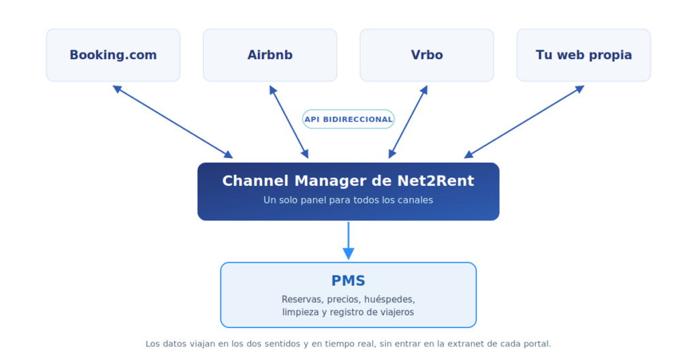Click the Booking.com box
114,55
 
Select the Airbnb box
270,55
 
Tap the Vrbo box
427,55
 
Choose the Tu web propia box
583,55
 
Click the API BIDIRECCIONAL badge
348,119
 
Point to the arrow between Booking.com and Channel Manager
173,122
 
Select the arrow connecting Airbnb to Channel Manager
289,122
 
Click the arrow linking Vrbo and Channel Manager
408,122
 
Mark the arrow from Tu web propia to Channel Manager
524,122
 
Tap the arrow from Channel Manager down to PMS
348,240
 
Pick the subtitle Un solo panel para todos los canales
348,200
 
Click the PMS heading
348,281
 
